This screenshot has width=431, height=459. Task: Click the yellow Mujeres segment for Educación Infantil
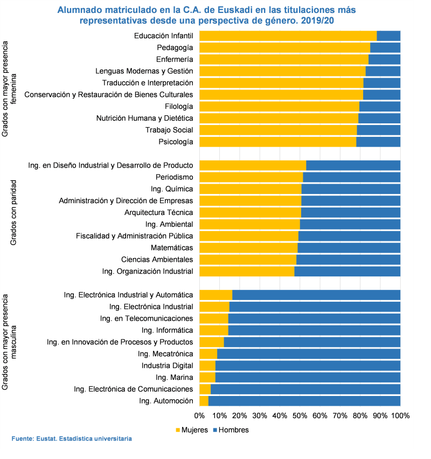(288, 36)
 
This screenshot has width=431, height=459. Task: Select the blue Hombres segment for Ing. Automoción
(304, 401)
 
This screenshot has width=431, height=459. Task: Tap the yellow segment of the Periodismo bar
(251, 177)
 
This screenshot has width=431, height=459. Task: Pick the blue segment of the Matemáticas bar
(349, 248)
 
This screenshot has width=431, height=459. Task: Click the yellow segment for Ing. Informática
(214, 330)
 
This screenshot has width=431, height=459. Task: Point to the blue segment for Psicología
(378, 142)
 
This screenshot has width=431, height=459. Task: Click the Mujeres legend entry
(191, 430)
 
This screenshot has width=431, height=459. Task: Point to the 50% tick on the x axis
(300, 416)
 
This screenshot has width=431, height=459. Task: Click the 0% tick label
(200, 416)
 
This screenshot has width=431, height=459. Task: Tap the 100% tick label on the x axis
(400, 416)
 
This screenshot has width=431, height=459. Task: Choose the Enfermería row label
(174, 59)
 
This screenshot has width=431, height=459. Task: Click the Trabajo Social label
(169, 130)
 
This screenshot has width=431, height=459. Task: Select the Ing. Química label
(172, 189)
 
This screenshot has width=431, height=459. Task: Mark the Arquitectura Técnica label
(158, 212)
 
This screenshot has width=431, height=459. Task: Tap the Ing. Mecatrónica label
(165, 354)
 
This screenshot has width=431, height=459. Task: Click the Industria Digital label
(167, 366)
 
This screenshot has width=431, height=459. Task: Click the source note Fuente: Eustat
(72, 439)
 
